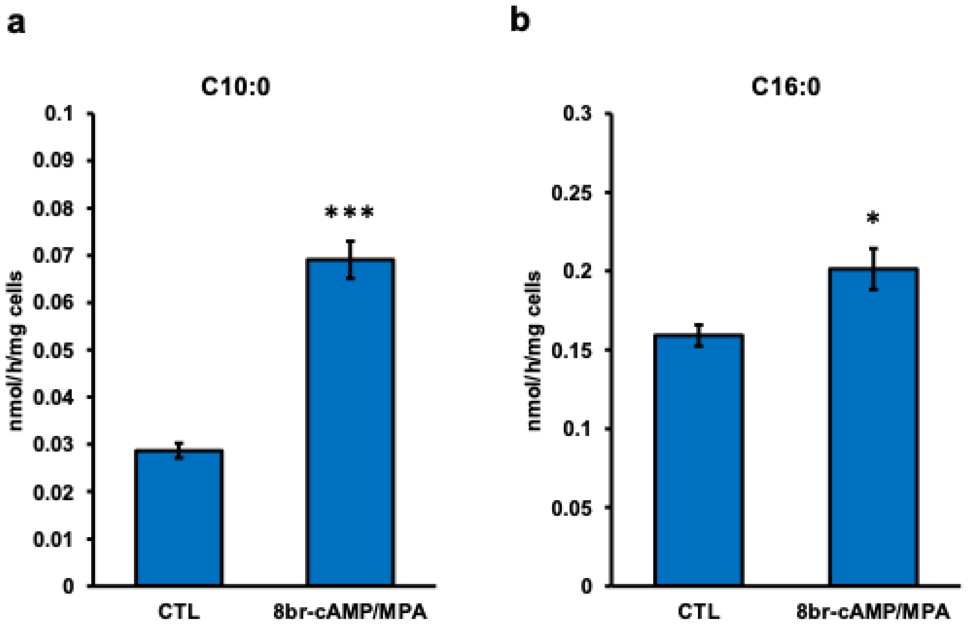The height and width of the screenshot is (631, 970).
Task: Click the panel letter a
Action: (x=16, y=23)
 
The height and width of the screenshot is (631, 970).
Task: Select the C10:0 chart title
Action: (x=236, y=87)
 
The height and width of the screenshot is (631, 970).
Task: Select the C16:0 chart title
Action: (x=785, y=87)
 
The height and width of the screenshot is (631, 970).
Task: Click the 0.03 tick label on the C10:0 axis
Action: (x=53, y=444)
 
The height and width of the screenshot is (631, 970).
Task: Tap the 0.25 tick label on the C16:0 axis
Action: (x=571, y=192)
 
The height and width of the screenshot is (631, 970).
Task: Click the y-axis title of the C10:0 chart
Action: (x=16, y=351)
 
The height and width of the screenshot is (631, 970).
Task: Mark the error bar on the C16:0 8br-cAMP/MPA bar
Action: (x=873, y=269)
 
